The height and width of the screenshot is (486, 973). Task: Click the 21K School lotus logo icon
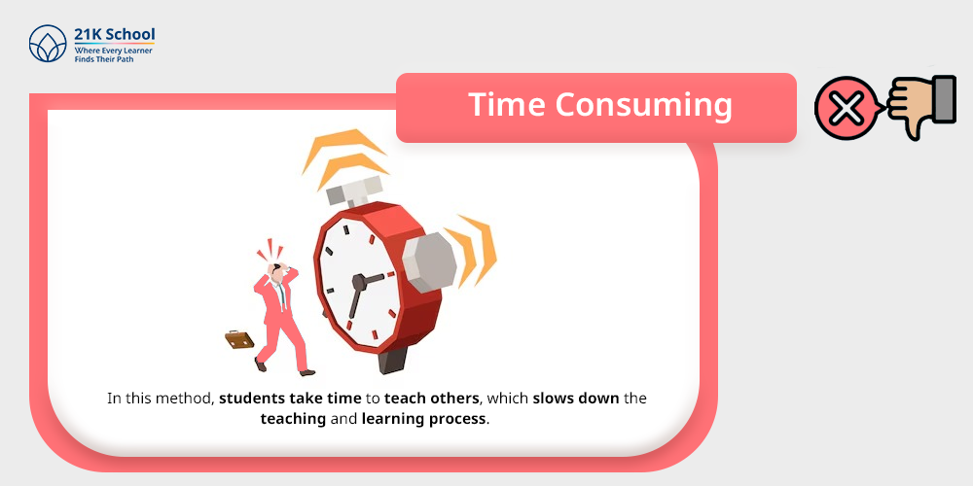coord(48,44)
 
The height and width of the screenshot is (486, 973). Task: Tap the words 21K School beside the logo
coord(114,34)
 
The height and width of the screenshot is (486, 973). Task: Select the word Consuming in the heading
coord(644,105)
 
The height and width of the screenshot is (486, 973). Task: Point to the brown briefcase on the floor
coord(239,339)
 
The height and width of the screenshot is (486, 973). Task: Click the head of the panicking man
coord(277,272)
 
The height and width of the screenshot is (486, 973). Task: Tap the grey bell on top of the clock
coord(354,191)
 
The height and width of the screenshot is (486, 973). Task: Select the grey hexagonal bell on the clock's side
coord(429,262)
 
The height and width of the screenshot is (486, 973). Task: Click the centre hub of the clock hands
coord(359,283)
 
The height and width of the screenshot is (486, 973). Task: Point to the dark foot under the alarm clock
coord(393,360)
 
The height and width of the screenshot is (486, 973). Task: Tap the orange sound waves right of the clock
coord(473,250)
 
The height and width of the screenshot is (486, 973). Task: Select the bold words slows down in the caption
coord(576,398)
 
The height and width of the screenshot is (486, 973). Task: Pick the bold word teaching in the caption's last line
coord(293,419)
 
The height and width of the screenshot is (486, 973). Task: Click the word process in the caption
coord(457,420)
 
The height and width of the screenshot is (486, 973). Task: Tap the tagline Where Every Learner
coord(114,51)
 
